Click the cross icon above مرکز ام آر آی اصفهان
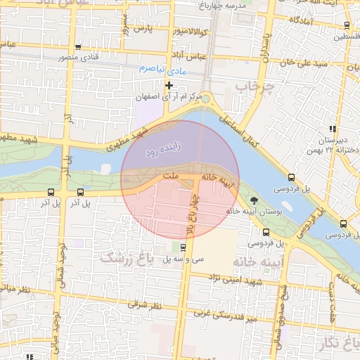coord(169,86)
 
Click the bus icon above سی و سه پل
coord(183,247)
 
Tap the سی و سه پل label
coord(188,258)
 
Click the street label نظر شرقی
coord(145,306)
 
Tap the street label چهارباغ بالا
coord(191,217)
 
